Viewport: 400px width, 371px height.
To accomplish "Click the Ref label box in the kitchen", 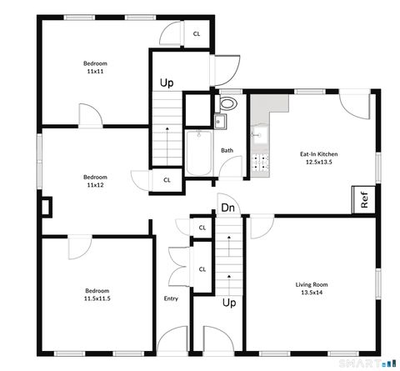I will pos(363,200).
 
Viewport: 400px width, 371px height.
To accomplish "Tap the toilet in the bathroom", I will pos(227,104).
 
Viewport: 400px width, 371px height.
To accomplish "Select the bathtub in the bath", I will pos(198,153).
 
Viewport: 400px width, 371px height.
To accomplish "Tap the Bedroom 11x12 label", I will pos(94,177).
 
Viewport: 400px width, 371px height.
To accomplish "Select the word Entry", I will pos(171,298).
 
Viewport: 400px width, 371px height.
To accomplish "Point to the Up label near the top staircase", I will pos(167,83).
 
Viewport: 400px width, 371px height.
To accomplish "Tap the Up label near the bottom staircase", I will pos(227,302).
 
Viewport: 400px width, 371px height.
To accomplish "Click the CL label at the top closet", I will pos(197,34).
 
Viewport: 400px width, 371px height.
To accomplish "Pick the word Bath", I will pos(227,151).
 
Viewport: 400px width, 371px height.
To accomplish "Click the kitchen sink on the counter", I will pos(257,135).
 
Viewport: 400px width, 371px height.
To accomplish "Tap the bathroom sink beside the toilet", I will pos(219,121).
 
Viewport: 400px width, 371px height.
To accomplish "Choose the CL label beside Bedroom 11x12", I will pos(167,179).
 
